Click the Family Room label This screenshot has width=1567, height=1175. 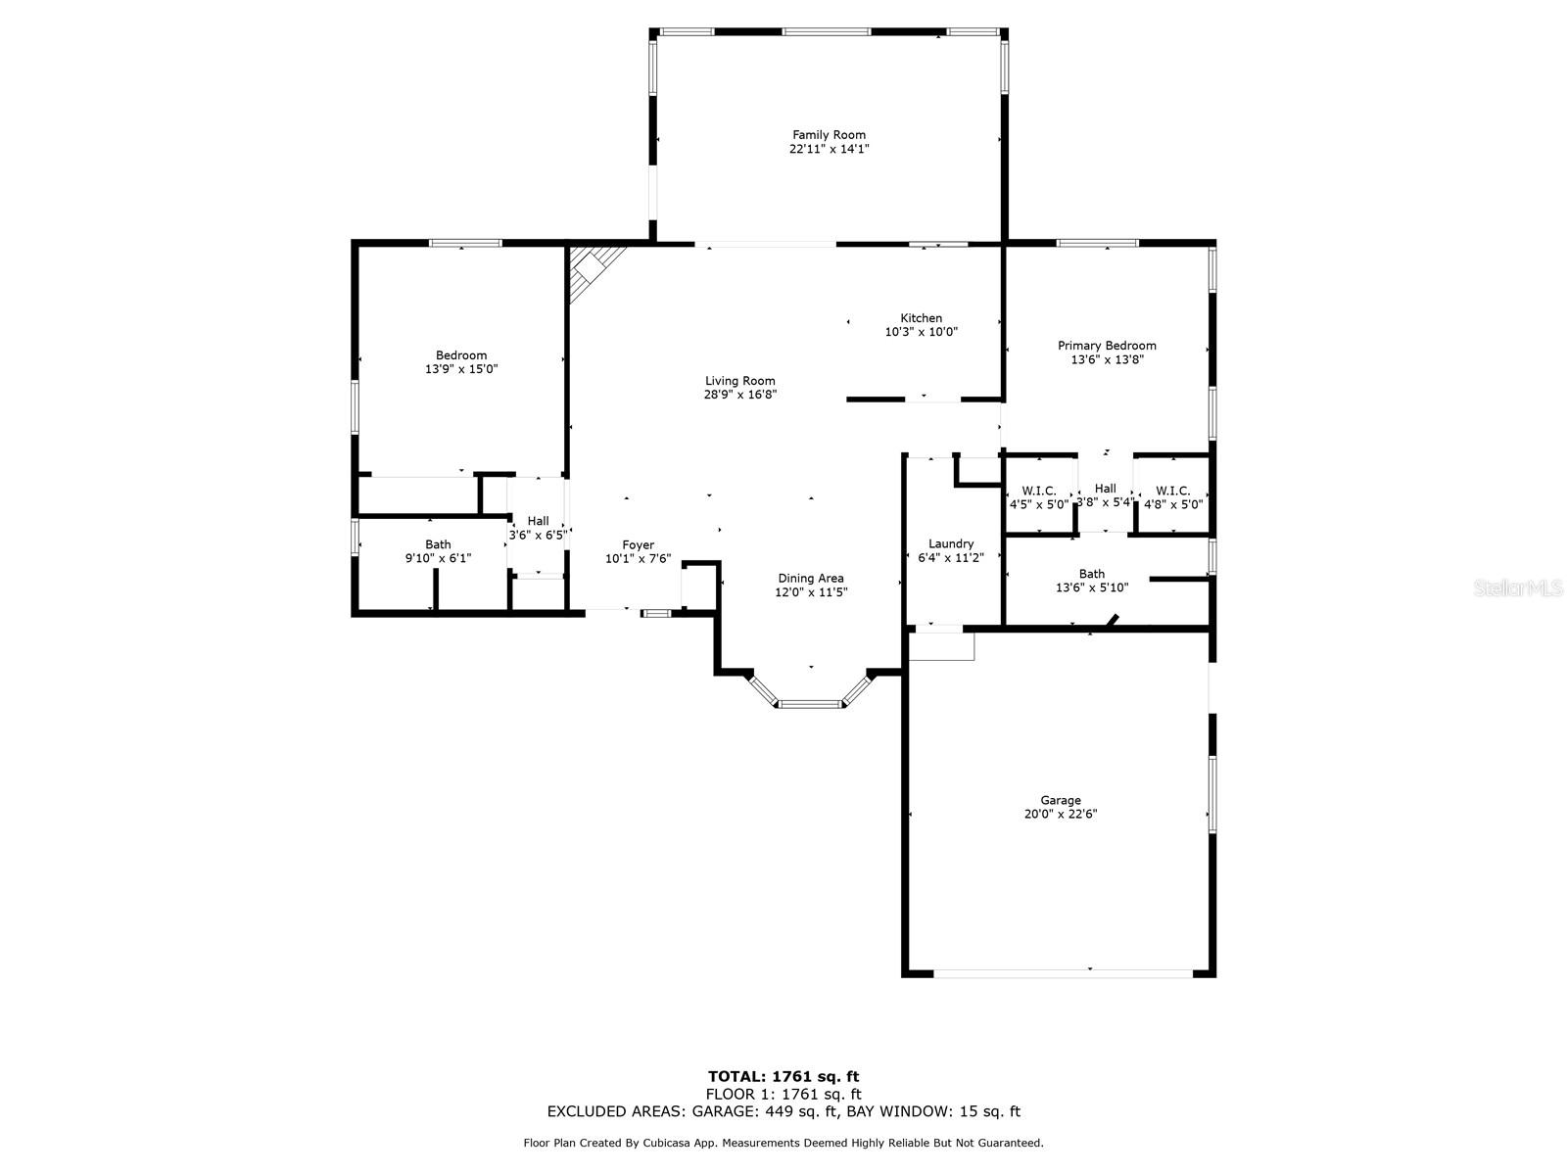(x=829, y=135)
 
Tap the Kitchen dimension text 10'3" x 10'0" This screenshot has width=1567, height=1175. (x=921, y=332)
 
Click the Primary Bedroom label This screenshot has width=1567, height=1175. (x=1107, y=346)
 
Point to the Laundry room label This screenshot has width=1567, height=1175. (x=950, y=543)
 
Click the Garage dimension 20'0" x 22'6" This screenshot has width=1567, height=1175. (x=1061, y=814)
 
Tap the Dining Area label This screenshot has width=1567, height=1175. (x=810, y=578)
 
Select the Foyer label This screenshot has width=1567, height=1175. (x=638, y=545)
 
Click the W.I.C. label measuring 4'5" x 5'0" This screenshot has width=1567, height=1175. (x=1038, y=491)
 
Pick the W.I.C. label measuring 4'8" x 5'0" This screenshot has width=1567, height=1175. (x=1172, y=491)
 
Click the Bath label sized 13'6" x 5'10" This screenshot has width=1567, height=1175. (x=1091, y=574)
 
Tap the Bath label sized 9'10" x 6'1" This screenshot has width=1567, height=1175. (x=438, y=544)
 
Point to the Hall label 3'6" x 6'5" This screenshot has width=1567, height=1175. (x=538, y=521)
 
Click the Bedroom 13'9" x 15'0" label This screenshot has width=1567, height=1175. (x=461, y=355)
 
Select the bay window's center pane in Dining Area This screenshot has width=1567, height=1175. (x=810, y=703)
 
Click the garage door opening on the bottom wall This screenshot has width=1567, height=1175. (x=1063, y=972)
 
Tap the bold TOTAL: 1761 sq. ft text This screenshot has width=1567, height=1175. (x=783, y=1077)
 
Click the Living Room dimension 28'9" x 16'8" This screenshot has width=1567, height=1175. (x=740, y=395)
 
